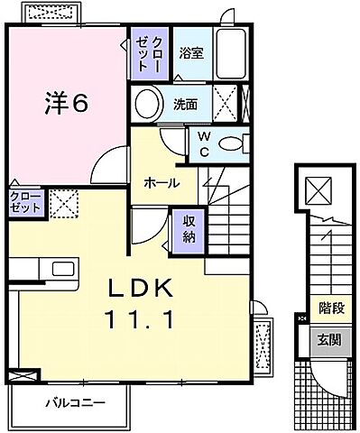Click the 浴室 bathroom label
click(191, 53)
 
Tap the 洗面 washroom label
click(188, 105)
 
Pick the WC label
click(204, 144)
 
